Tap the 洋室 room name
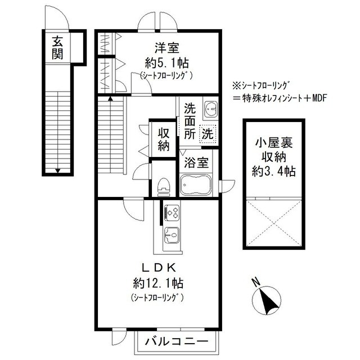166,48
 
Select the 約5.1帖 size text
166,62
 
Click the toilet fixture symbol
164,187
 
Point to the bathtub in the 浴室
196,185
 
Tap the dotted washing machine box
208,134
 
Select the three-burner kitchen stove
172,213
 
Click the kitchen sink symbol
172,235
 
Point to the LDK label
159,268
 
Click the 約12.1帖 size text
158,283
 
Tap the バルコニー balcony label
177,341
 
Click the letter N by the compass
255,282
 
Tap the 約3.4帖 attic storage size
274,171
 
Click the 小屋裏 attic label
274,143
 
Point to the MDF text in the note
319,98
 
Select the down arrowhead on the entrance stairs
58,170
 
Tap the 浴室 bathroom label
196,162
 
